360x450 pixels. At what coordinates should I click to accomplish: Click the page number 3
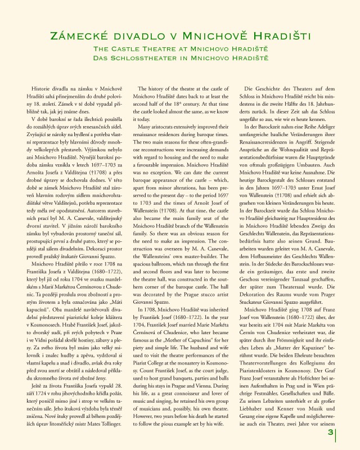331,431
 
